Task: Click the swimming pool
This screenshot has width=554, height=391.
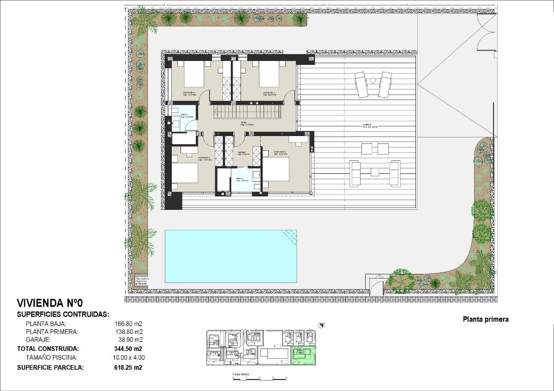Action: tap(231, 256)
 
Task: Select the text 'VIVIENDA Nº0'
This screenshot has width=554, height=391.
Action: tap(49, 303)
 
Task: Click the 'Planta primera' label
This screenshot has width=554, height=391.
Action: tap(485, 319)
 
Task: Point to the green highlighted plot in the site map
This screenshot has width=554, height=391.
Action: tap(304, 355)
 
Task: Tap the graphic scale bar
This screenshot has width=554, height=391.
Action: tap(260, 378)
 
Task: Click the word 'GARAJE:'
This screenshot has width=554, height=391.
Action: tap(38, 340)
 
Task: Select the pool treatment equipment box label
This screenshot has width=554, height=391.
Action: tap(141, 281)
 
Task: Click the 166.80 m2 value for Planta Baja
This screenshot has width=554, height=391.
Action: tap(129, 323)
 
